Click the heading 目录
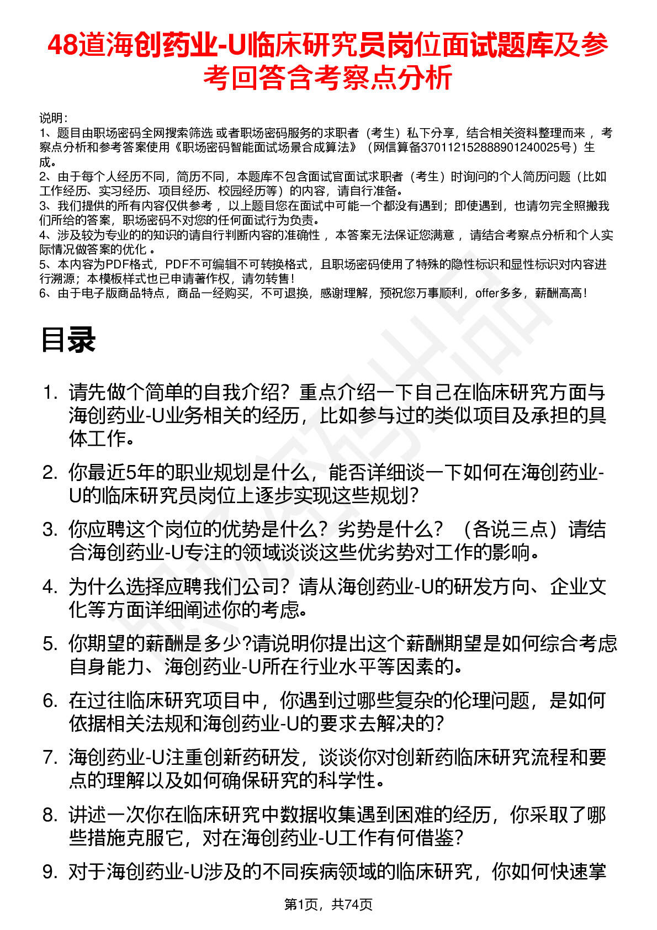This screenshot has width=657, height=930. tap(68, 340)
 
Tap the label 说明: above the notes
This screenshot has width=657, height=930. tap(53, 118)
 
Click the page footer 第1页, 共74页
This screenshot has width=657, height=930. tap(328, 905)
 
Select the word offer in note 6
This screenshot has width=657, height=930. tap(486, 293)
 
